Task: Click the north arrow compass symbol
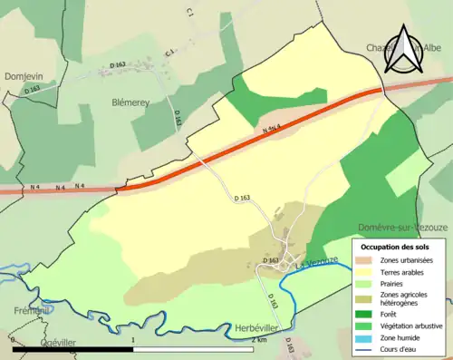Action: pyautogui.click(x=402, y=50)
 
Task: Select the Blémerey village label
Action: pyautogui.click(x=130, y=102)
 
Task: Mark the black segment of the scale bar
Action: pyautogui.click(x=72, y=348)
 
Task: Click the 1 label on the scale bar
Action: pyautogui.click(x=134, y=339)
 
